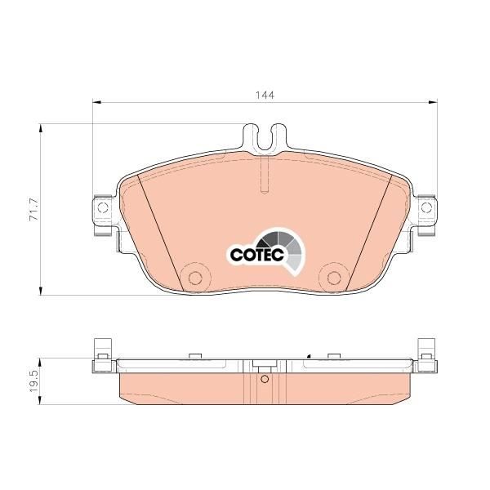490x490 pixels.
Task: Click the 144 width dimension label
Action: [x=265, y=95]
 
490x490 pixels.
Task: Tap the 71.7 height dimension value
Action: [x=33, y=209]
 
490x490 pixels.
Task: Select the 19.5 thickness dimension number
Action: [x=33, y=381]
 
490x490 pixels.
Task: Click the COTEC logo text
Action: [x=257, y=254]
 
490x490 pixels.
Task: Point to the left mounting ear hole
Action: [x=103, y=207]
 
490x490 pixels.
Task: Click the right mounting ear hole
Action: [x=426, y=207]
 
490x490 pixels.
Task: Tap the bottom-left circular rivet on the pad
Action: [x=195, y=278]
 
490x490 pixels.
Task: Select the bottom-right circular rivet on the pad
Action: [x=334, y=278]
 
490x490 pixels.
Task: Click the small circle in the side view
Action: [x=265, y=379]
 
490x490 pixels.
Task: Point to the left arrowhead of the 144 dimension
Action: [x=96, y=102]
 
